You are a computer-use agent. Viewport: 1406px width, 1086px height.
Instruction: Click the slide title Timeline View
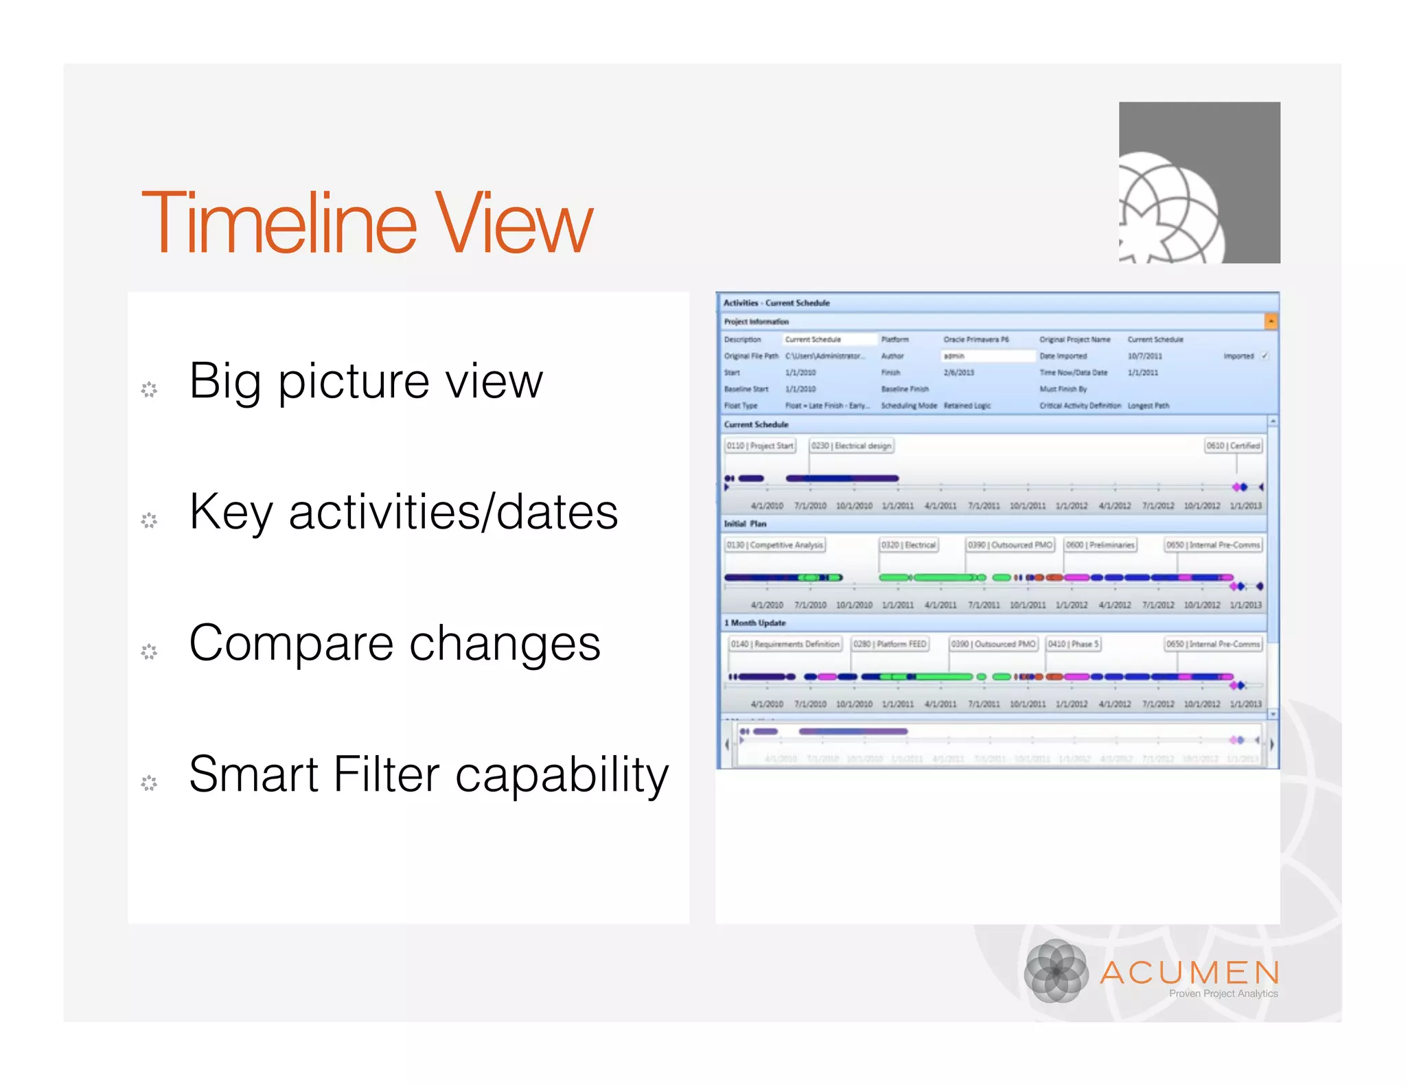[367, 223]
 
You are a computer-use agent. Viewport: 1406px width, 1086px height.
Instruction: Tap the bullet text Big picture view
[365, 381]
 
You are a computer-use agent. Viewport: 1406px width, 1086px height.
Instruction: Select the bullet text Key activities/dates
[403, 512]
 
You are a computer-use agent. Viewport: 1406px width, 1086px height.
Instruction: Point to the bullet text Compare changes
[394, 643]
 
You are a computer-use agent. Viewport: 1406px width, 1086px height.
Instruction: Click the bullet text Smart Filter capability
[428, 774]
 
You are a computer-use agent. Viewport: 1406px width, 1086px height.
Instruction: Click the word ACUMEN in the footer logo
[1189, 972]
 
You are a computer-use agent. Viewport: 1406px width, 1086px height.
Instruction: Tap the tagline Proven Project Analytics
[1223, 993]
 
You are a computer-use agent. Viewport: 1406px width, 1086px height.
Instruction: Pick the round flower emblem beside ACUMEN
[1056, 971]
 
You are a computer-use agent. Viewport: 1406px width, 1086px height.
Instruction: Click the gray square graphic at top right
[1199, 183]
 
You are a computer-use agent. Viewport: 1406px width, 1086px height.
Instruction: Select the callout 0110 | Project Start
[760, 446]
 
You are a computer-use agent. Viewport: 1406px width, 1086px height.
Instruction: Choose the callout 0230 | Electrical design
[851, 446]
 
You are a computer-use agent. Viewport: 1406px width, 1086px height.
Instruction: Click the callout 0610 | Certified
[1233, 446]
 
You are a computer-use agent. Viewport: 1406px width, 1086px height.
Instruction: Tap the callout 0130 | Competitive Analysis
[774, 545]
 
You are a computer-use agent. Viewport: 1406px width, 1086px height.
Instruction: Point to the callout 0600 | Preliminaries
[1100, 545]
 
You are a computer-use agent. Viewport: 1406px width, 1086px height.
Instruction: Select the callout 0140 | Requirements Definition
[785, 644]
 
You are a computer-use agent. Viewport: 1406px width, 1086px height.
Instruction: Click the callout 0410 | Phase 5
[1073, 644]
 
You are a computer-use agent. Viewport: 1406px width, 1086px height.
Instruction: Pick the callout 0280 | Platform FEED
[890, 644]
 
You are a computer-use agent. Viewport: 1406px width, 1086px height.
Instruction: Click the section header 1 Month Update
[754, 623]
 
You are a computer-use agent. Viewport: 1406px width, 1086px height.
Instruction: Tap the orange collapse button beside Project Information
[1271, 321]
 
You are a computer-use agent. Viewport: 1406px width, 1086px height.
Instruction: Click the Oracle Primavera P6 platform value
[976, 339]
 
